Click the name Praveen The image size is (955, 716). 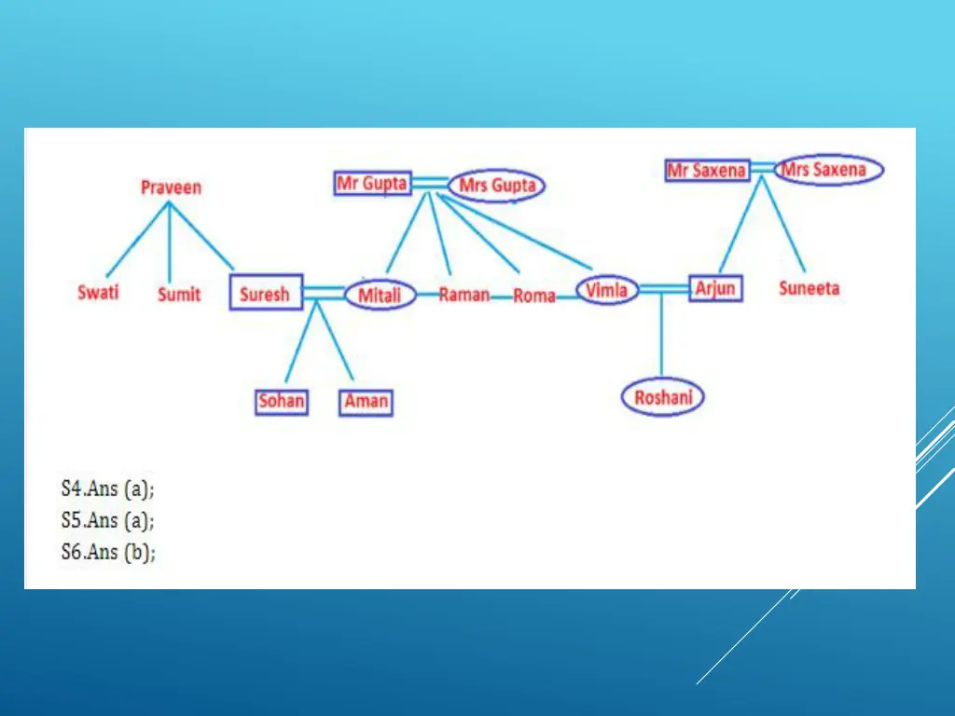(x=171, y=187)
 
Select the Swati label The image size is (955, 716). (x=98, y=293)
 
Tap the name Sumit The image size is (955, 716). (x=179, y=295)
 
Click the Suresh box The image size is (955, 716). (x=265, y=294)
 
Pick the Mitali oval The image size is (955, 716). (x=380, y=296)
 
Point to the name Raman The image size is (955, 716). (x=464, y=295)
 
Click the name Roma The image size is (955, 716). (x=534, y=296)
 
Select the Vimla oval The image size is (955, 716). (x=606, y=290)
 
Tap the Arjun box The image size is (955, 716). (x=715, y=288)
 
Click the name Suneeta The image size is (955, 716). (x=810, y=288)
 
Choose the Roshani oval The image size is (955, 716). (x=663, y=398)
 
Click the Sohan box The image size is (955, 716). (x=282, y=401)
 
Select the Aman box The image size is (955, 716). (x=366, y=402)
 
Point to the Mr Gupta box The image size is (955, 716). (x=372, y=183)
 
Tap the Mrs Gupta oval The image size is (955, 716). (x=497, y=186)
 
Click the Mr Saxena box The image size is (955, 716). (x=708, y=171)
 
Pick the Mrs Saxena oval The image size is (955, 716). (x=828, y=170)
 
